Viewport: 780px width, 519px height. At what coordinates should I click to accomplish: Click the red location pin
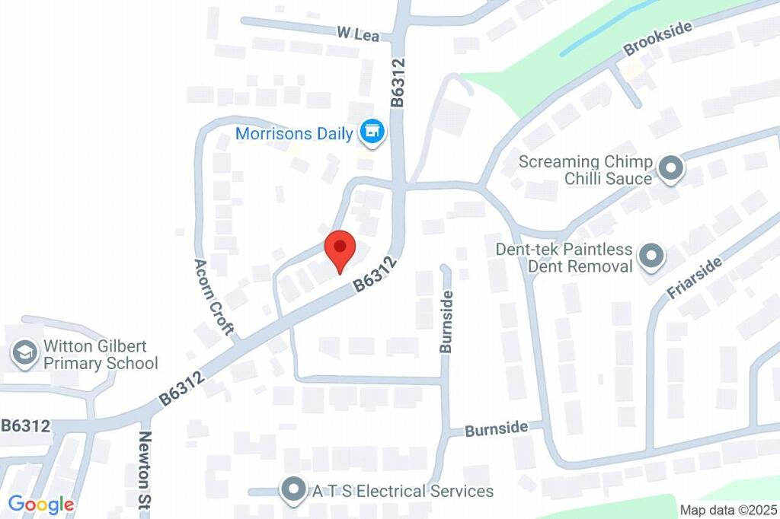pos(340,250)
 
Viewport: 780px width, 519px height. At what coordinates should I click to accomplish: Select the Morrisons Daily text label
pos(294,134)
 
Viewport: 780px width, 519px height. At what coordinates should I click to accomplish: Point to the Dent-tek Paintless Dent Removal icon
pos(651,257)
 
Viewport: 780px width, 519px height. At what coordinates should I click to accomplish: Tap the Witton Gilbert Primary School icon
pos(26,354)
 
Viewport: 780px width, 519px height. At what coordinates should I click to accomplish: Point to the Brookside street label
pos(657,39)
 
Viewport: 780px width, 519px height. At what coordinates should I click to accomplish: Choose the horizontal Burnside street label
pos(497,429)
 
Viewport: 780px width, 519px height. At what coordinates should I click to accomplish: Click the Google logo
pos(41,504)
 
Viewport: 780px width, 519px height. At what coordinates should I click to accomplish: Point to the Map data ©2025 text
pos(728,510)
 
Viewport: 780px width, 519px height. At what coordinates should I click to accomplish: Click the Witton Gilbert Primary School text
pos(101,355)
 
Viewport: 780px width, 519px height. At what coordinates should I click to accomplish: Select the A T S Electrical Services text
pos(402,492)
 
